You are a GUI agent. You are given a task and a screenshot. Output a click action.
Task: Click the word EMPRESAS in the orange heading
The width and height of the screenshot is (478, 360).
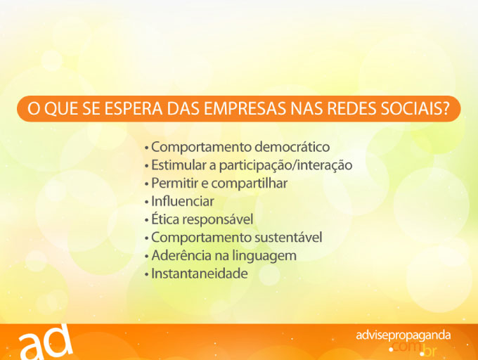point(245,108)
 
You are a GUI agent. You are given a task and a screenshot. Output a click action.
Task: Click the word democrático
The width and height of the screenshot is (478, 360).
point(292,147)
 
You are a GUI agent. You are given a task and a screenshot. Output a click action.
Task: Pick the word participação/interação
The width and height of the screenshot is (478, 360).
point(286,165)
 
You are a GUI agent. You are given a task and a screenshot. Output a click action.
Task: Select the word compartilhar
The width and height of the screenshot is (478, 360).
point(250,184)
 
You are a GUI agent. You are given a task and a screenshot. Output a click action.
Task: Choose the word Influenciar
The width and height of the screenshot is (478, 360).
point(183,201)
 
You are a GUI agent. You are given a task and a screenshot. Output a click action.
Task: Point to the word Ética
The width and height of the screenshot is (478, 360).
point(167,219)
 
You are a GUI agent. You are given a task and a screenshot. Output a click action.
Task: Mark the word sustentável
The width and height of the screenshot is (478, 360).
point(288,238)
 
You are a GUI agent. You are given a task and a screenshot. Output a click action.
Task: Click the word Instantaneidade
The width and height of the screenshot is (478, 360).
point(200,274)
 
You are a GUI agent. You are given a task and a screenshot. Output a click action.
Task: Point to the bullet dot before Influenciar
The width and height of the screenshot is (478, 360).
point(147,202)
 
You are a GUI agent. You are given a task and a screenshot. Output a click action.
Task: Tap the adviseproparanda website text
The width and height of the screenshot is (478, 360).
point(403,335)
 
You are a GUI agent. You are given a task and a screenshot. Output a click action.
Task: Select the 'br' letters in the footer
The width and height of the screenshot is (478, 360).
point(430,351)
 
